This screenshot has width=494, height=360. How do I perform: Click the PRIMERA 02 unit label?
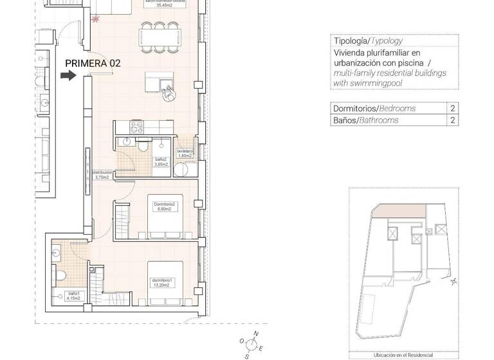point(93,63)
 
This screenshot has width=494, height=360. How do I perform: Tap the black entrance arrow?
point(68,76)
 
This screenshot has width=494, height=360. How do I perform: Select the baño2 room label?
point(161,161)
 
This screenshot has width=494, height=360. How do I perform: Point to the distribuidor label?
point(103,175)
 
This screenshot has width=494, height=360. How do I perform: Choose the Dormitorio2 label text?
point(165,206)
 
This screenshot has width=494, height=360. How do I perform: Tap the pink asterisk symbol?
point(96,19)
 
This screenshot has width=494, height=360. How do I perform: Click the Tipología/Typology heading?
point(368,40)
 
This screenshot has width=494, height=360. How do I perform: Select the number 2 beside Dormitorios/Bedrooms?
point(453,108)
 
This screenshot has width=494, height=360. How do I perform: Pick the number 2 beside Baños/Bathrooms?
point(453,120)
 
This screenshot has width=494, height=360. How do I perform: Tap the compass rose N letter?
point(256,333)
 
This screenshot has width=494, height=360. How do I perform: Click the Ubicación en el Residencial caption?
point(403,355)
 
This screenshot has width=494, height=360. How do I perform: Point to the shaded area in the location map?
point(399,211)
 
